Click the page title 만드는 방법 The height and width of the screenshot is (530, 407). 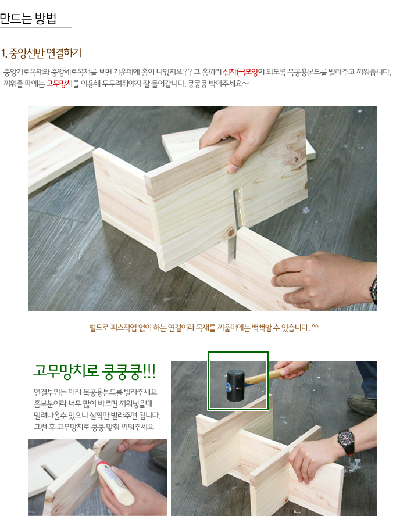[28, 19]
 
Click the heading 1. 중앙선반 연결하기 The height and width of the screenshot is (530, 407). [41, 53]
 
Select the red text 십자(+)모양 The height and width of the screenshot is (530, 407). [240, 72]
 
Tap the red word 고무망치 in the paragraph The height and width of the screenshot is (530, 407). [59, 83]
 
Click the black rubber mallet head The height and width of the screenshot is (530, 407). [235, 385]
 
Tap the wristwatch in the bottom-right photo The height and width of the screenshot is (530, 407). [346, 442]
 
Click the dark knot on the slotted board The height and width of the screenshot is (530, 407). [231, 232]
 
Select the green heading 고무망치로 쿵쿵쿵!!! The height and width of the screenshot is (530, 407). [94, 371]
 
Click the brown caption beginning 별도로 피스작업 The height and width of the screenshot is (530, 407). [203, 328]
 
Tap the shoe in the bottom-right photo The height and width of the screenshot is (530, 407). [362, 404]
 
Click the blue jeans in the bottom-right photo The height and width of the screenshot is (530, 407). [367, 378]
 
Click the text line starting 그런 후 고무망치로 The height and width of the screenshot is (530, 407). [94, 427]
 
